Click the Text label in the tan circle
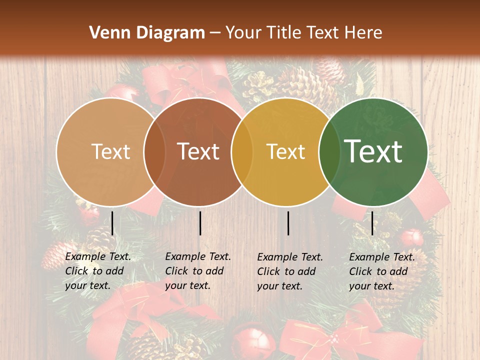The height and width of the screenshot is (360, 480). tap(110, 151)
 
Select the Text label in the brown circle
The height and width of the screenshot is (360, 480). tap(198, 151)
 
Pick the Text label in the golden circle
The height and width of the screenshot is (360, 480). tap(285, 151)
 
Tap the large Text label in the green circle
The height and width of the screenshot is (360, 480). tap(373, 151)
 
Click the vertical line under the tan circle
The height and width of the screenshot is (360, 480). tap(112, 223)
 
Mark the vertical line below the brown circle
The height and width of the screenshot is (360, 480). tap(200, 223)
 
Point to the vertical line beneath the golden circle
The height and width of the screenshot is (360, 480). tap(288, 223)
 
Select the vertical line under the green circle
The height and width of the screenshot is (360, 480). tap(372, 223)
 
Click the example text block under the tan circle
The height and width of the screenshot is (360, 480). tap(98, 271)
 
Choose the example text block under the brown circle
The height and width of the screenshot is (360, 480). tap(198, 271)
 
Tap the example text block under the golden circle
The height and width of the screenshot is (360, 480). tap(290, 271)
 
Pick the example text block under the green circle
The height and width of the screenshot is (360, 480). tap(382, 271)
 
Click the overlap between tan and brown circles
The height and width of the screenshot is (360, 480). tap(154, 151)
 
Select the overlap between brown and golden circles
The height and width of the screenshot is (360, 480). tap(242, 151)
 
